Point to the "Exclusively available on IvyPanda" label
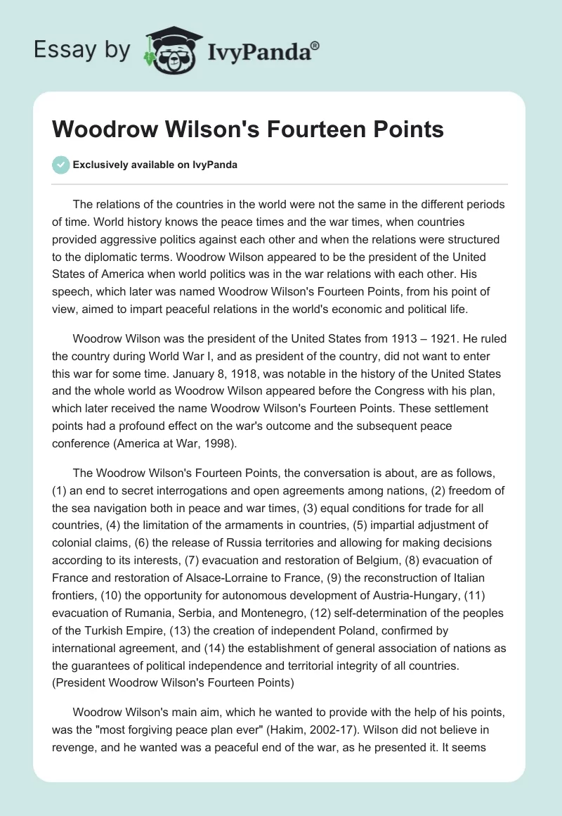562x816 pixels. pos(155,165)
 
